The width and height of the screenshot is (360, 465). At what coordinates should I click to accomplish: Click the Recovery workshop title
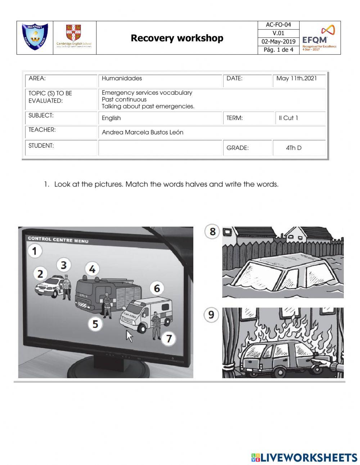(177, 38)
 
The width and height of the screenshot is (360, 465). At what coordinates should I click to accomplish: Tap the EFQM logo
(320, 38)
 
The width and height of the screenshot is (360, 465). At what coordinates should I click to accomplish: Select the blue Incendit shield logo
(35, 37)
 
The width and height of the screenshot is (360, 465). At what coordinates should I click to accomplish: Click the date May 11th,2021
(297, 78)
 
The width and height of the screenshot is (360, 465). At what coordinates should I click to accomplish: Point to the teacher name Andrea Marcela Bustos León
(143, 132)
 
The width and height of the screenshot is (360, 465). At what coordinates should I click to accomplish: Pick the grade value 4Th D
(294, 148)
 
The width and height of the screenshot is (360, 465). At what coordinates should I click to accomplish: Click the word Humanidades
(122, 78)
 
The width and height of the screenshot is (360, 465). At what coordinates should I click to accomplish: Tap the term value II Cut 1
(288, 118)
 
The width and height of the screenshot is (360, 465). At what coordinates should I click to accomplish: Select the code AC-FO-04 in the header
(278, 25)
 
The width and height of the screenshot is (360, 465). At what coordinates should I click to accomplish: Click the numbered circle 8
(212, 231)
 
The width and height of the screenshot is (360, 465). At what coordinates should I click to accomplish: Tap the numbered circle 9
(211, 315)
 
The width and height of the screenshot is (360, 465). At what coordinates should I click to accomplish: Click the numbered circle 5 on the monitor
(95, 324)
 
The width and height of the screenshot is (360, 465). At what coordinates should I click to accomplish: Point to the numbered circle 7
(168, 338)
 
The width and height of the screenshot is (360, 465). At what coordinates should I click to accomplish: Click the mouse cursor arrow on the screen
(129, 336)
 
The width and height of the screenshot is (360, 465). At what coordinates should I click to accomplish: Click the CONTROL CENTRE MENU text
(58, 240)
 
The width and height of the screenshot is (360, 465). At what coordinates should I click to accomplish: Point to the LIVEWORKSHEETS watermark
(304, 457)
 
